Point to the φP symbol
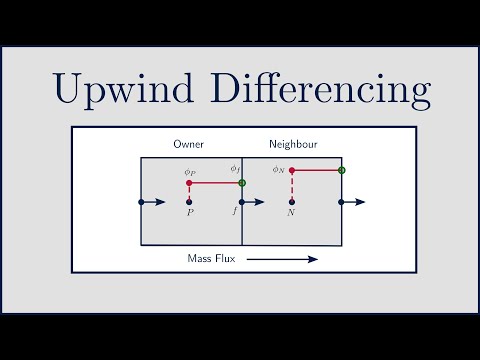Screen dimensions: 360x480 point(188,172)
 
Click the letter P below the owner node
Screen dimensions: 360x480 point(189,213)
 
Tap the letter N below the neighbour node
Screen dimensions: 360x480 point(291,213)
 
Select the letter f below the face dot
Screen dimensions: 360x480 point(235,212)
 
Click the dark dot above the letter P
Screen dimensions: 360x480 point(189,202)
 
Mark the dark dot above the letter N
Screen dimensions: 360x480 point(291,202)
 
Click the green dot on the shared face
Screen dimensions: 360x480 point(242,183)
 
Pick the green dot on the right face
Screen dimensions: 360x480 point(342,170)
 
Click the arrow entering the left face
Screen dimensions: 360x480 point(153,202)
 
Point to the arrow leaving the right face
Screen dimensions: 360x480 point(354,202)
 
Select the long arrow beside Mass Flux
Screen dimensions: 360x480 point(282,259)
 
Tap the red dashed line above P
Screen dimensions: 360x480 point(189,192)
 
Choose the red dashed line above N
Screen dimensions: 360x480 point(291,186)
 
